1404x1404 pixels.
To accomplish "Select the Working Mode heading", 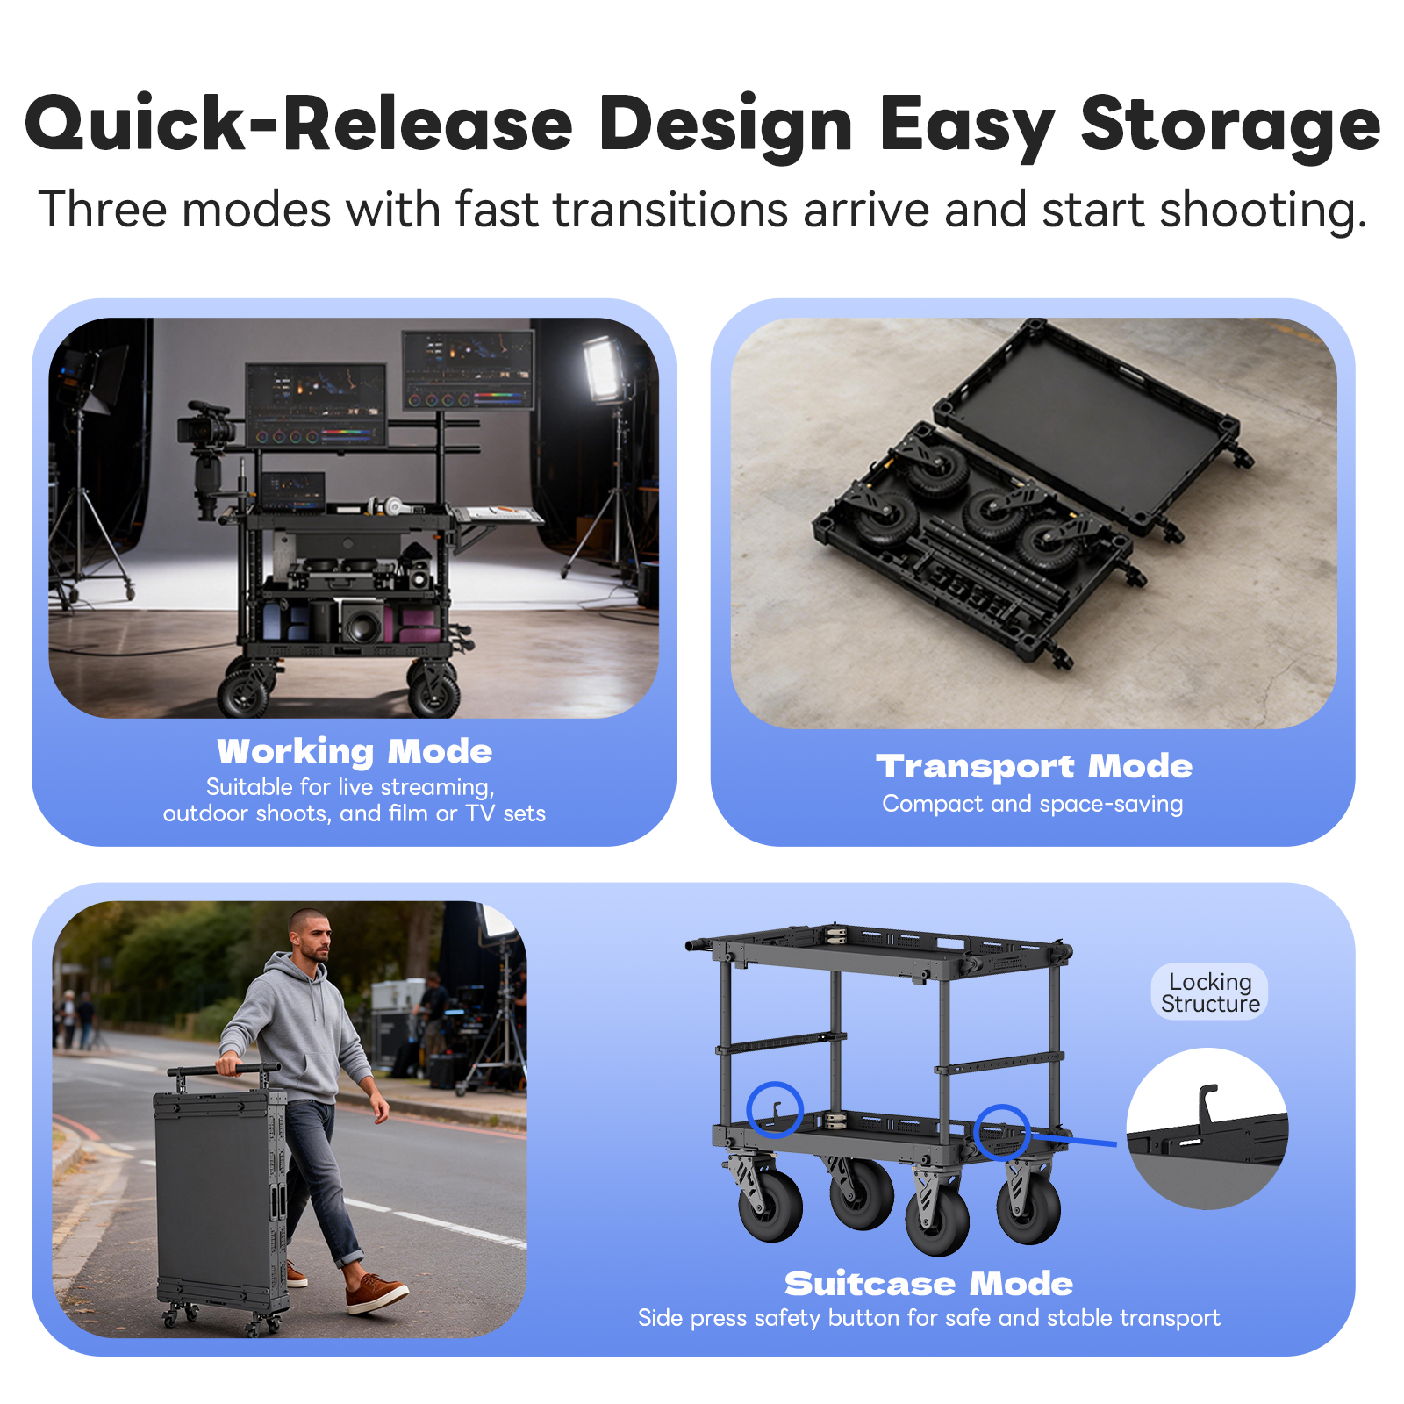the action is (355, 751).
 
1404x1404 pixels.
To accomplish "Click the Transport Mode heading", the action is (1034, 766).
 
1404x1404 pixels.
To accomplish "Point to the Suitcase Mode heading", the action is (928, 1284).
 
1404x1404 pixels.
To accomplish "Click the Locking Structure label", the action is (1210, 992).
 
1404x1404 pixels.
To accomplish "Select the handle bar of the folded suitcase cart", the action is (224, 1070).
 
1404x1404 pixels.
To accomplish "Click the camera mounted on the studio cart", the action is (206, 427).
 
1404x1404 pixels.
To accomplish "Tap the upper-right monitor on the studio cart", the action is (468, 369).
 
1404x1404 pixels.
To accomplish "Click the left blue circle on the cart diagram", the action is (775, 1109).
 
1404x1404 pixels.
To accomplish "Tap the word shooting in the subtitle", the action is (1263, 211).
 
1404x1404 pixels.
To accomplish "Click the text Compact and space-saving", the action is (1033, 804).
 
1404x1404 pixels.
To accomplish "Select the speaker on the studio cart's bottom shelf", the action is (361, 622).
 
